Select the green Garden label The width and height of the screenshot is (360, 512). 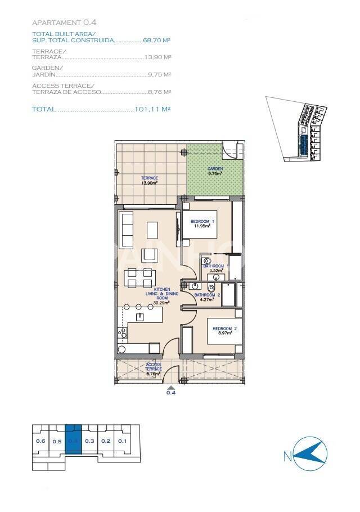215,171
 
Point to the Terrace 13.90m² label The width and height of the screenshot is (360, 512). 149,180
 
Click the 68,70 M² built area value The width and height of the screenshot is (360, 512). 157,41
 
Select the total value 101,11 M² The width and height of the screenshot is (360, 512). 153,109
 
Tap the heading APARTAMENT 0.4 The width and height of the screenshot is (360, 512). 64,23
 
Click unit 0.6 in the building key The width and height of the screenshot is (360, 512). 40,441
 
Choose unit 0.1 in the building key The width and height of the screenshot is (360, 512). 123,441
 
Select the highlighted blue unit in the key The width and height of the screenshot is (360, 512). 73,441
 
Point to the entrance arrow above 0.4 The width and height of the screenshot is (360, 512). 171,387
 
